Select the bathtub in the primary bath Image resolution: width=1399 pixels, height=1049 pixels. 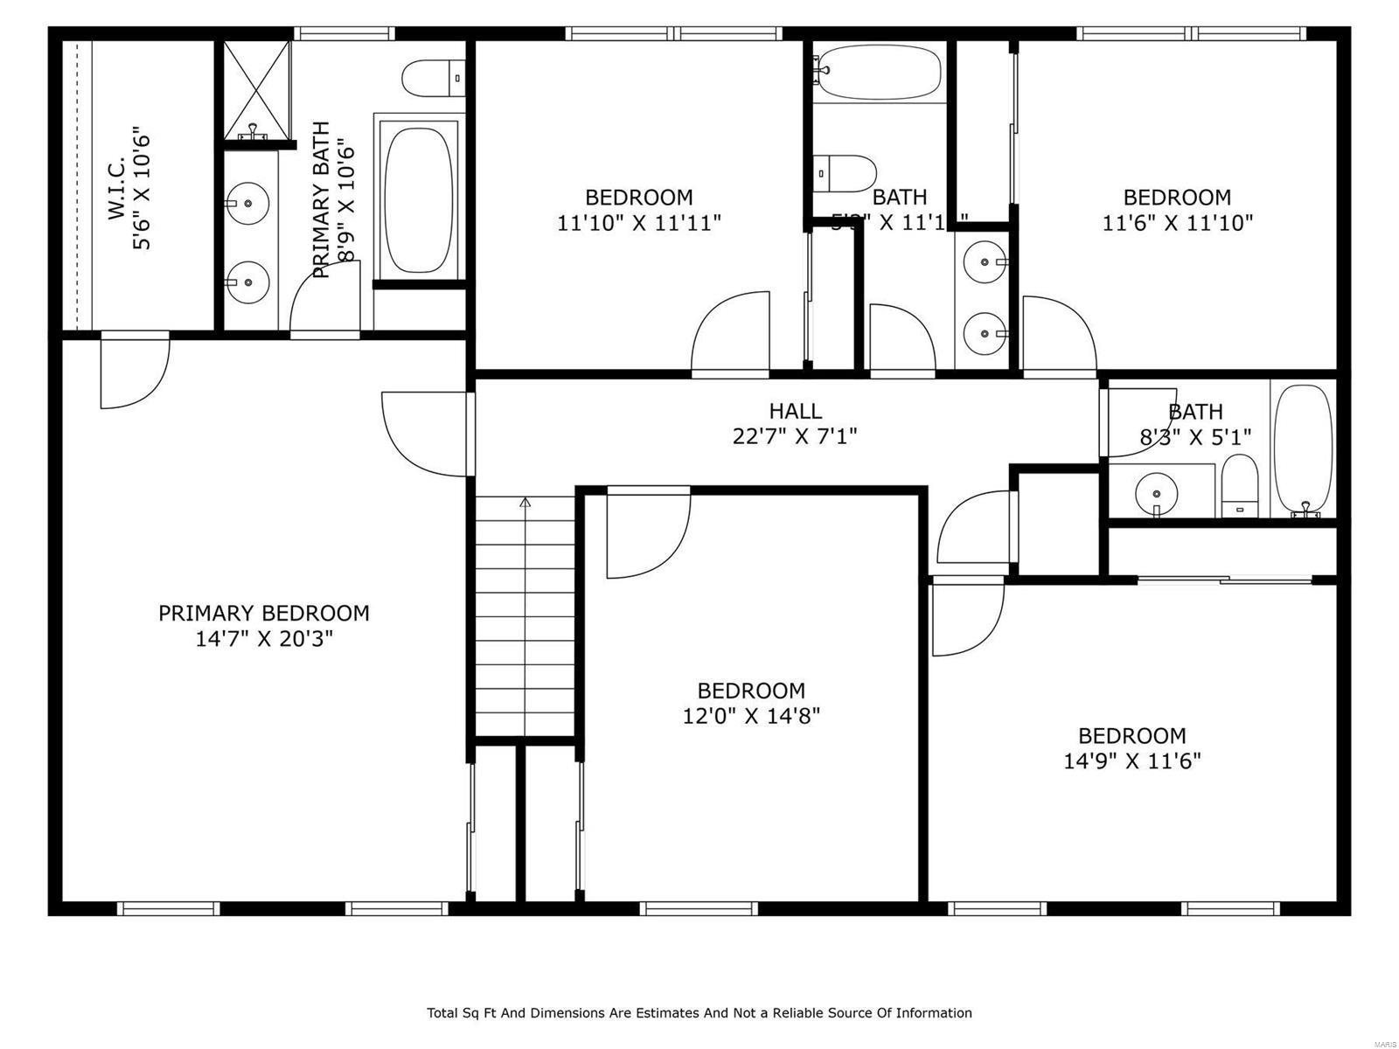pyautogui.click(x=420, y=200)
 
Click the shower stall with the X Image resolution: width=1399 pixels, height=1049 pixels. pyautogui.click(x=256, y=90)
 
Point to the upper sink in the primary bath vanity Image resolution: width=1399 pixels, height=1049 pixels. pyautogui.click(x=248, y=203)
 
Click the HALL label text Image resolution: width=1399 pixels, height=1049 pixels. pyautogui.click(x=795, y=411)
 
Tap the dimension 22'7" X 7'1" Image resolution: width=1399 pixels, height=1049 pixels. pyautogui.click(x=795, y=436)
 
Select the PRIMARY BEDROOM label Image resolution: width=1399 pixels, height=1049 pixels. pyautogui.click(x=263, y=614)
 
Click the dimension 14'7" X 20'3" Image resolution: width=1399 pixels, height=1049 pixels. pyautogui.click(x=263, y=640)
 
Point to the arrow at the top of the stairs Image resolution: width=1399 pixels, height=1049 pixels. pyautogui.click(x=525, y=503)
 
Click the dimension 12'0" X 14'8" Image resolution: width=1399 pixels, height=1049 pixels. pyautogui.click(x=751, y=717)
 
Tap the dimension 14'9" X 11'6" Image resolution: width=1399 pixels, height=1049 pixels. pyautogui.click(x=1131, y=761)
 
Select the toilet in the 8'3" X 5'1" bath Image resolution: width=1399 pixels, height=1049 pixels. pyautogui.click(x=1238, y=485)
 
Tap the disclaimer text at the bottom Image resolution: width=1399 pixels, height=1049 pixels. pyautogui.click(x=699, y=1013)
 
